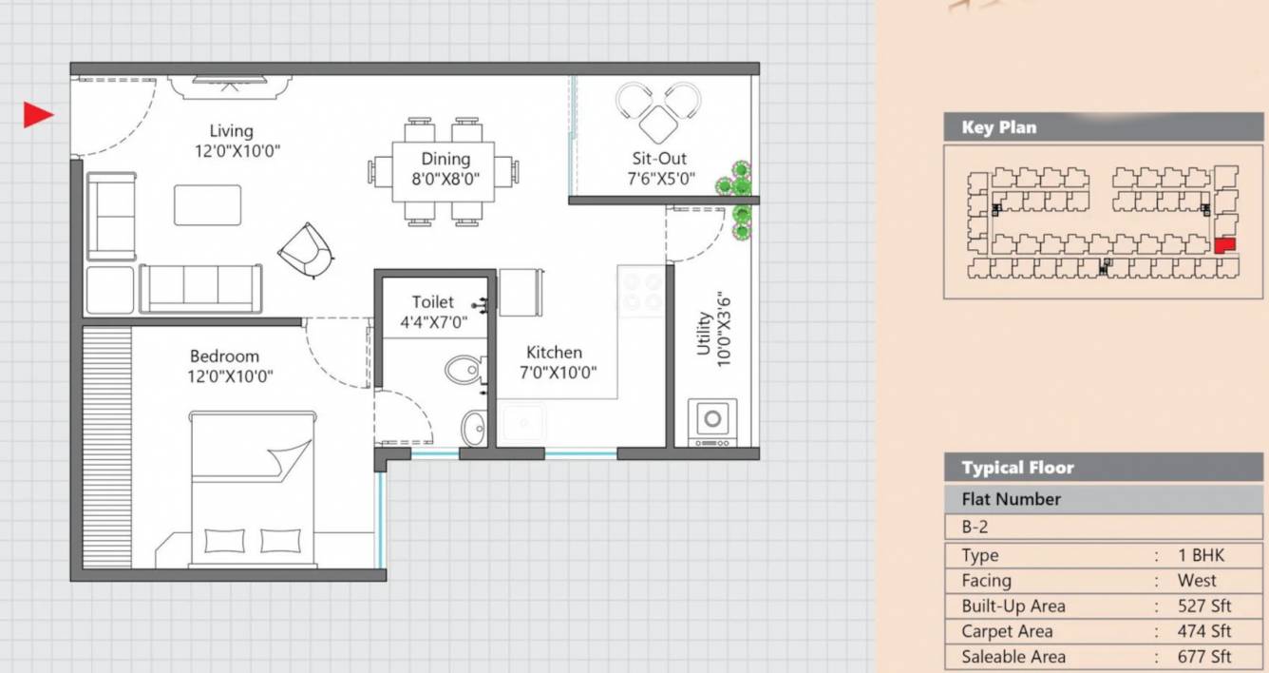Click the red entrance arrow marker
[37, 115]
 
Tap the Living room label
[231, 131]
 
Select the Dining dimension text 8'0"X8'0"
[445, 179]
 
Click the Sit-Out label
[659, 159]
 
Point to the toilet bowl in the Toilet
[464, 370]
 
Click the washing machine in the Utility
[711, 418]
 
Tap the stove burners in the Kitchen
[640, 291]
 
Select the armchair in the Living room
[306, 250]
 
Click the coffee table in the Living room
[207, 205]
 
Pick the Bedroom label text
[224, 356]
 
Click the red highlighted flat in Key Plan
[1224, 245]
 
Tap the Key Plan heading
[998, 127]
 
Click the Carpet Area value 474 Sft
[1203, 631]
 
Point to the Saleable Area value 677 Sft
[1203, 657]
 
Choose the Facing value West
[1196, 581]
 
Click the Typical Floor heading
[1017, 468]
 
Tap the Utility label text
[704, 334]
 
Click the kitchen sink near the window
[523, 424]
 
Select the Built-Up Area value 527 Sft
[1203, 606]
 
